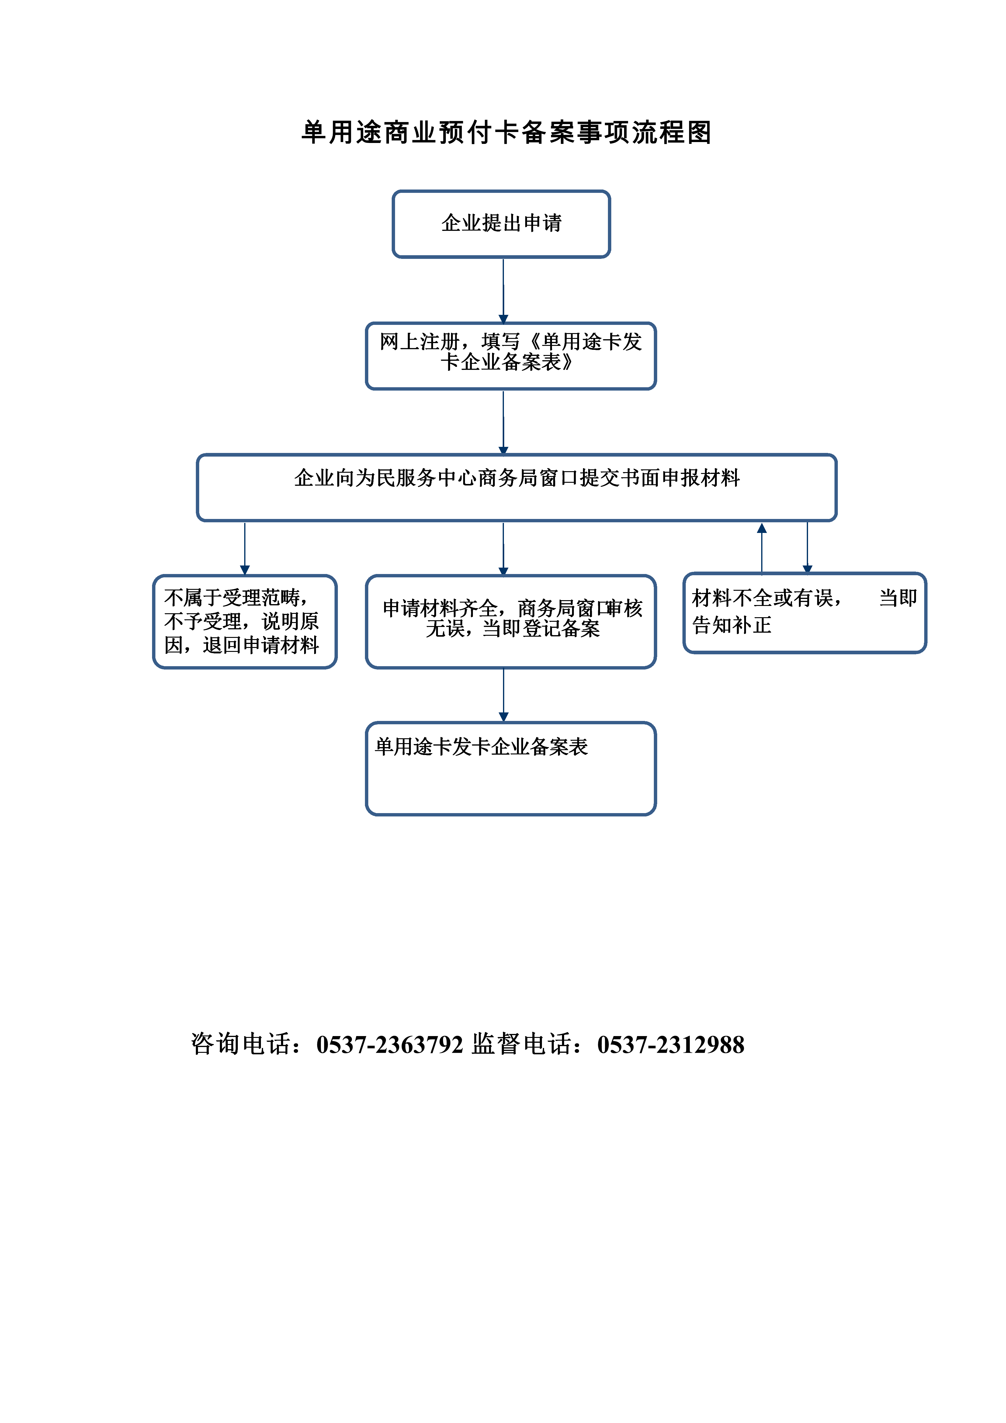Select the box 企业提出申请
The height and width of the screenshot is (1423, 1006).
coord(501,224)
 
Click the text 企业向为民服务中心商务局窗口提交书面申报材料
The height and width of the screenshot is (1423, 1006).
coord(517,478)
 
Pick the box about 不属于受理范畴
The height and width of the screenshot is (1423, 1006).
coord(245,622)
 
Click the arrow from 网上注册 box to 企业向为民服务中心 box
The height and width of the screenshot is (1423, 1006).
coord(503,423)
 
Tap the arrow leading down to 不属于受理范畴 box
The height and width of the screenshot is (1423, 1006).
coord(245,548)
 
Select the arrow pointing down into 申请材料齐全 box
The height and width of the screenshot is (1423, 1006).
coord(503,548)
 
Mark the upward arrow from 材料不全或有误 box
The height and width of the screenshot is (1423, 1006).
coord(762,548)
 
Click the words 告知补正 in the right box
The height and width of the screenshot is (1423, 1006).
coord(732,625)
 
